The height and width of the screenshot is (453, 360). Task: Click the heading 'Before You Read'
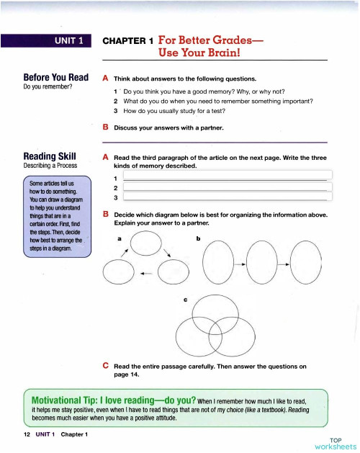click(x=55, y=77)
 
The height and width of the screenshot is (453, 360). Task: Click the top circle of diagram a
click(x=147, y=247)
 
